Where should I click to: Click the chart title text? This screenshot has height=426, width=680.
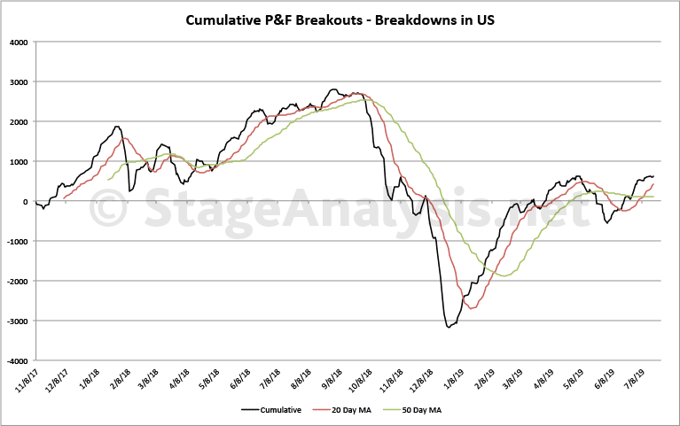coord(340,19)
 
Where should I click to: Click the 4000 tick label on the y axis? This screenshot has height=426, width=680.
coord(17,42)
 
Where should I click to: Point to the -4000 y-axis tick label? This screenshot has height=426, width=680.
coord(15,361)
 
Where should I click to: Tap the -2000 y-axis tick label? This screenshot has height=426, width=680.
coord(15,282)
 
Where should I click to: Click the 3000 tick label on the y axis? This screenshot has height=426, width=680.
coord(17,81)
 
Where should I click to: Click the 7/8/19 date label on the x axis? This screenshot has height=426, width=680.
coord(645,380)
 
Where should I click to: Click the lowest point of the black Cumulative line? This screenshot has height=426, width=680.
coord(449,328)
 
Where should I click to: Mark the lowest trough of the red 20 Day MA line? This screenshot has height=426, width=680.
coord(471,308)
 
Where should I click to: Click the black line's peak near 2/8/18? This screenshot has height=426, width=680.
coord(117,127)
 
